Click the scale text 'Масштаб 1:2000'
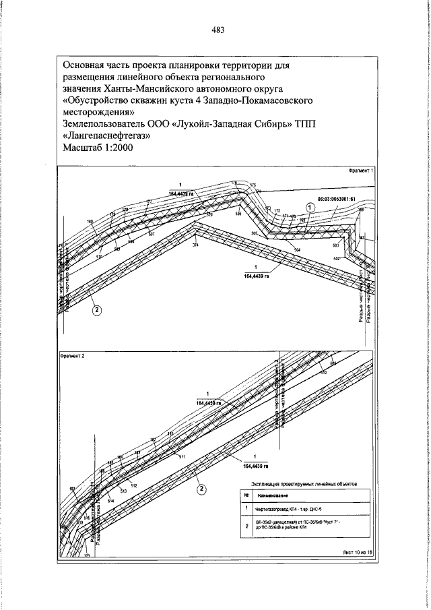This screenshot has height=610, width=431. click(98, 148)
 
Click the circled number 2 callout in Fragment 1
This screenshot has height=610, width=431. click(97, 311)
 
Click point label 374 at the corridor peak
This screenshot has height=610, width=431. click(196, 245)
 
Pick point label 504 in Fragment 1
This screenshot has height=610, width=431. click(297, 250)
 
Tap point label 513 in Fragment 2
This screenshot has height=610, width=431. click(124, 491)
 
